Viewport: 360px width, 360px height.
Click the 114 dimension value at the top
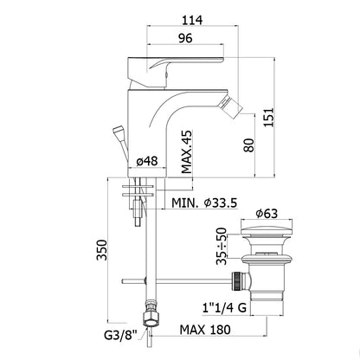click(192, 20)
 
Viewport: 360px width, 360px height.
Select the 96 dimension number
click(185, 38)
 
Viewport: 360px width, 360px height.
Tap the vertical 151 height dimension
click(268, 118)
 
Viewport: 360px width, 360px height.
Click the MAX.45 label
click(187, 152)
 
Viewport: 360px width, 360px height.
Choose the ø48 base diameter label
click(147, 161)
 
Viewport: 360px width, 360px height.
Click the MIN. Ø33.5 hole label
click(204, 202)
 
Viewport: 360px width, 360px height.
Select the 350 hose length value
click(101, 250)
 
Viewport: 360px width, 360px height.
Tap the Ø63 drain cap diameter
click(267, 214)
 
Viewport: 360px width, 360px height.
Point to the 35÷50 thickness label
click(222, 246)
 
